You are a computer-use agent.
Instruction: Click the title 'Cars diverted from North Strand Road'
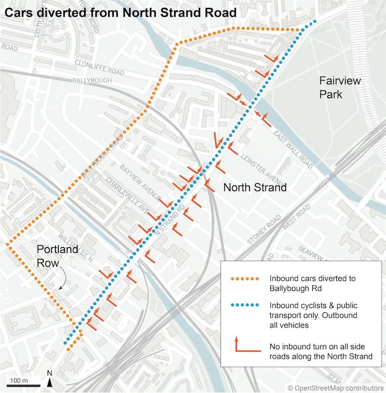pyautogui.click(x=121, y=13)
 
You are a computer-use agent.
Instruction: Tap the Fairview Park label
pyautogui.click(x=340, y=87)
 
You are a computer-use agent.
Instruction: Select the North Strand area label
pyautogui.click(x=255, y=187)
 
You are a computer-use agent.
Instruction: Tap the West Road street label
pyautogui.click(x=296, y=217)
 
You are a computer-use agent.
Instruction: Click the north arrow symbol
pyautogui.click(x=50, y=381)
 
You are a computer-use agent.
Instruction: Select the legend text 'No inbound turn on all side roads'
pyautogui.click(x=320, y=351)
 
